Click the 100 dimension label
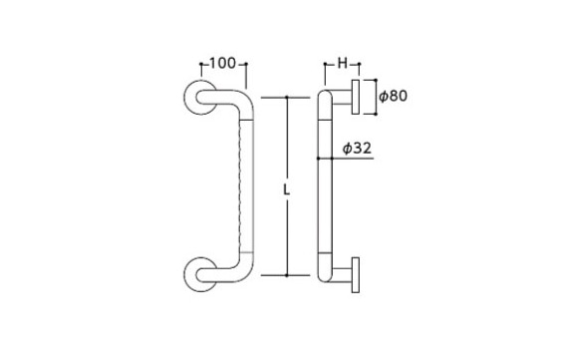(x=222, y=64)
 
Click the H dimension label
(x=343, y=64)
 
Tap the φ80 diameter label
(x=393, y=97)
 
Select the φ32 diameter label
(x=357, y=148)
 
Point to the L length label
(x=286, y=190)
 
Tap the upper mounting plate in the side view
(x=356, y=97)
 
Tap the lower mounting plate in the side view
(x=356, y=275)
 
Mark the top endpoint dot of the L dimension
(x=287, y=98)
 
